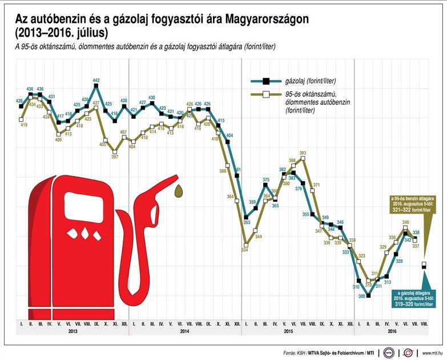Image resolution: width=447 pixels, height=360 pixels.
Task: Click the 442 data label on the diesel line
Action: click(x=96, y=80)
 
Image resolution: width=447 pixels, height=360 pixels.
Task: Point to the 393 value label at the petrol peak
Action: click(x=303, y=153)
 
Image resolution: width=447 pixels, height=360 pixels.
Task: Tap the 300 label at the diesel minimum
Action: click(x=361, y=296)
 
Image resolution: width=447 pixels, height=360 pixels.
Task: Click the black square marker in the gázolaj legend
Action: click(x=265, y=82)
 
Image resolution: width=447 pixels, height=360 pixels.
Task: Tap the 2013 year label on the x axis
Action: click(x=73, y=332)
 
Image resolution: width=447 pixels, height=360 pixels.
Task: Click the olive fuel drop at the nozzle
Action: click(x=180, y=189)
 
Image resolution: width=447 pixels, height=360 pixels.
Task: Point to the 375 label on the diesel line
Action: click(x=266, y=180)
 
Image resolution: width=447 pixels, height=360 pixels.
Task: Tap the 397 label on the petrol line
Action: click(x=115, y=156)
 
